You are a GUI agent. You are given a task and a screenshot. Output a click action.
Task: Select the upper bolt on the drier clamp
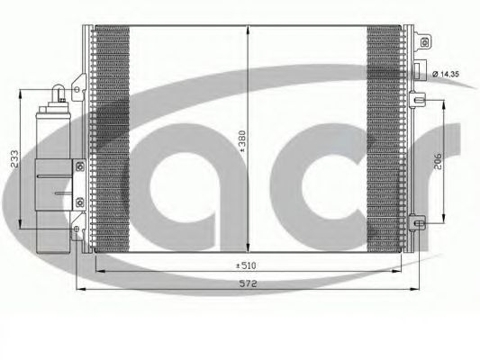coord(78,166)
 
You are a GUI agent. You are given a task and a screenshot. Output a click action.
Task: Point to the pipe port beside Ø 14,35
coord(419,72)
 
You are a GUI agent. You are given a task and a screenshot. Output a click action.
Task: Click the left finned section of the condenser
coord(113,135)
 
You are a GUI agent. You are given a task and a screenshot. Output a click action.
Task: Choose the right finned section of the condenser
coord(385,135)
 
